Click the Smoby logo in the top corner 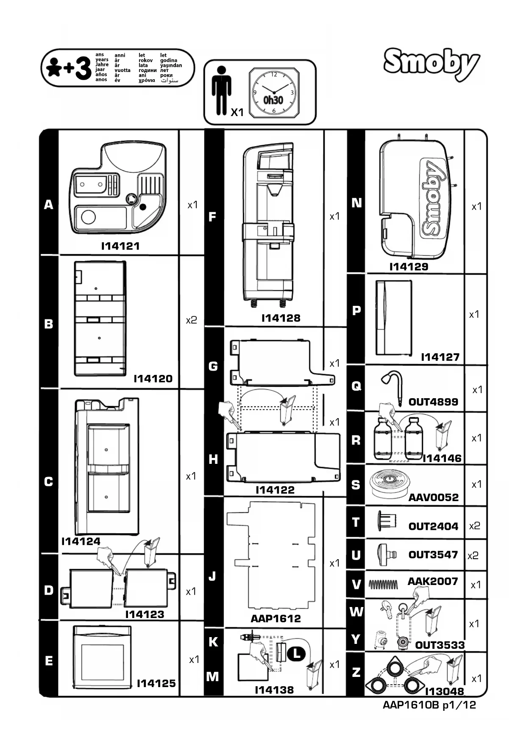point(431,64)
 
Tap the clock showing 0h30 point(273,92)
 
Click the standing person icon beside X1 point(221,91)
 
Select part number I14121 point(120,246)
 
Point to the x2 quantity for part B point(192,320)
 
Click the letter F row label point(213,217)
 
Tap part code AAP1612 point(276,618)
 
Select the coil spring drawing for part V point(384,585)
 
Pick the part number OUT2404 point(433,527)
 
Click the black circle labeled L point(296,654)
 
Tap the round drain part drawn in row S point(389,483)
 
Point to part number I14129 point(409,267)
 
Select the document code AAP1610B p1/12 point(429,705)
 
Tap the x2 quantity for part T point(475,526)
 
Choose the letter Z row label point(356,672)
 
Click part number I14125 point(156,683)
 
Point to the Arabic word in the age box point(170,80)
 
